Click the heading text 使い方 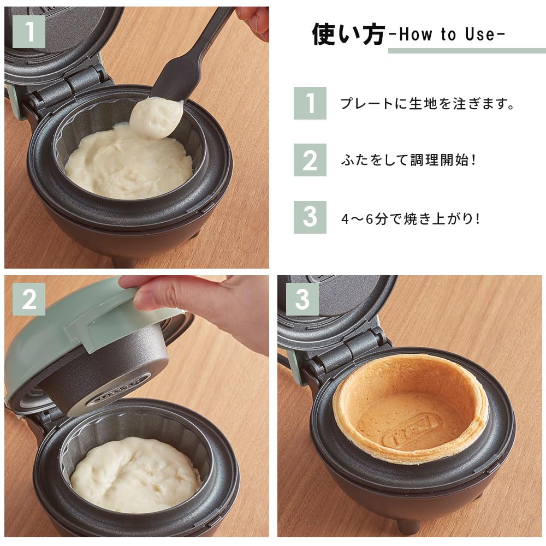click(x=348, y=34)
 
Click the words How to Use click(x=447, y=35)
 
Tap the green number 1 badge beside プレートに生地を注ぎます click(x=310, y=103)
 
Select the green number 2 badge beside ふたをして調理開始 click(x=310, y=160)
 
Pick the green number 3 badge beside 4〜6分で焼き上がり click(x=310, y=217)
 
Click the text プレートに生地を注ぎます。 click(x=428, y=103)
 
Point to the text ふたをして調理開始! click(x=408, y=161)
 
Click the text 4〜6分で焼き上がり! click(x=410, y=218)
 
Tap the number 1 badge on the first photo click(x=28, y=32)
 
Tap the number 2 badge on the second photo click(x=28, y=299)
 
